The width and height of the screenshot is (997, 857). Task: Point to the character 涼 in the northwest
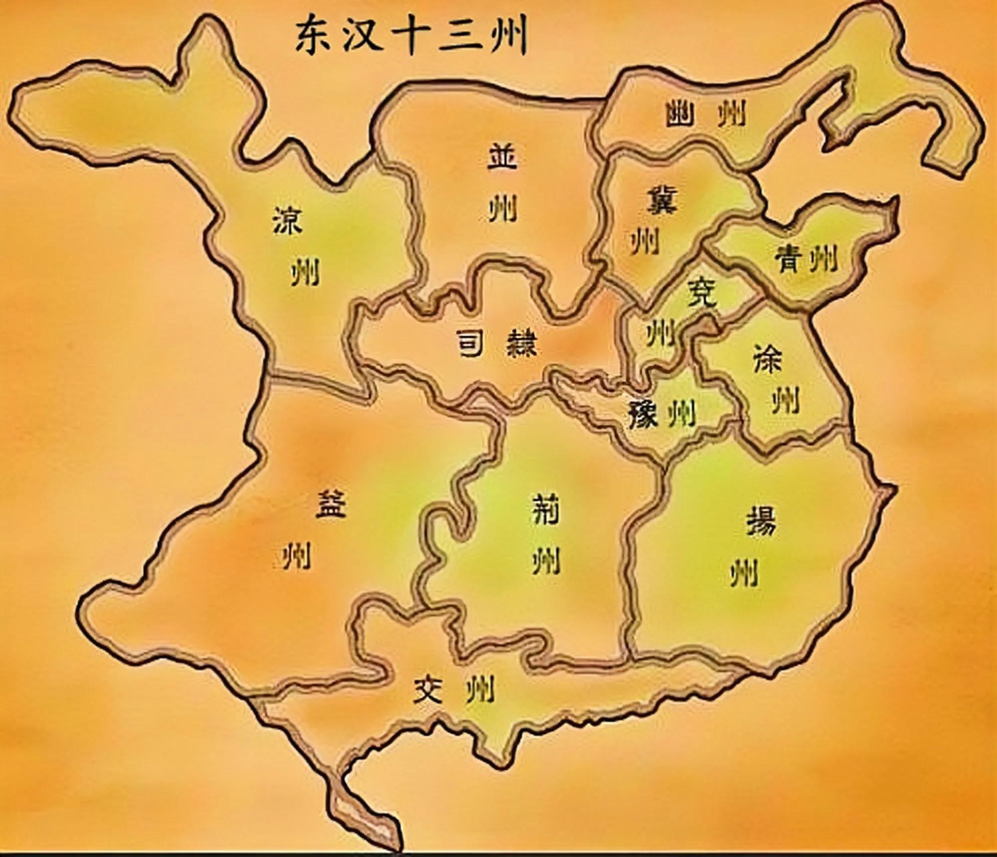click(x=288, y=221)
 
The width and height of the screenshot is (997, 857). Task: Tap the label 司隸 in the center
click(x=497, y=343)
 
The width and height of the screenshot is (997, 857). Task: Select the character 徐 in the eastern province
click(x=768, y=358)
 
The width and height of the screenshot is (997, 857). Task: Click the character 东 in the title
click(x=313, y=37)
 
